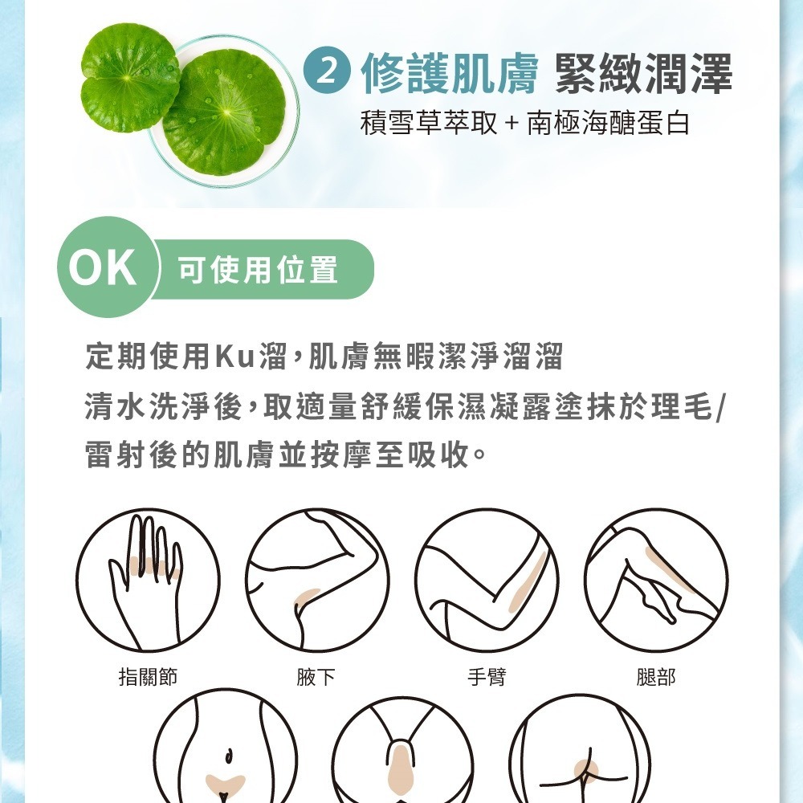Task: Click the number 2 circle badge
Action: tap(327, 72)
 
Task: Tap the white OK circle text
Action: tap(103, 267)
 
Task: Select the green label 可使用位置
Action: tap(258, 269)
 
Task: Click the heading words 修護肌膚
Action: tap(450, 74)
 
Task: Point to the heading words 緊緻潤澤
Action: tap(644, 74)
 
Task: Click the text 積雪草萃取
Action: tap(429, 124)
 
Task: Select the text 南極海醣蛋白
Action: tap(609, 124)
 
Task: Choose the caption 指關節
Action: tap(148, 676)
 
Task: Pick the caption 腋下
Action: tap(316, 676)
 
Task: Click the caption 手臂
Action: tap(487, 676)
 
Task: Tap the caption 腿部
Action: tap(656, 676)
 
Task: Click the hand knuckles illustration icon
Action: tap(148, 581)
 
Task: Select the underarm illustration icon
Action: tap(317, 581)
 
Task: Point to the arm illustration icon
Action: tap(487, 581)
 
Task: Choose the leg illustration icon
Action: tap(656, 581)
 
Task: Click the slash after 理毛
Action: tap(720, 408)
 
